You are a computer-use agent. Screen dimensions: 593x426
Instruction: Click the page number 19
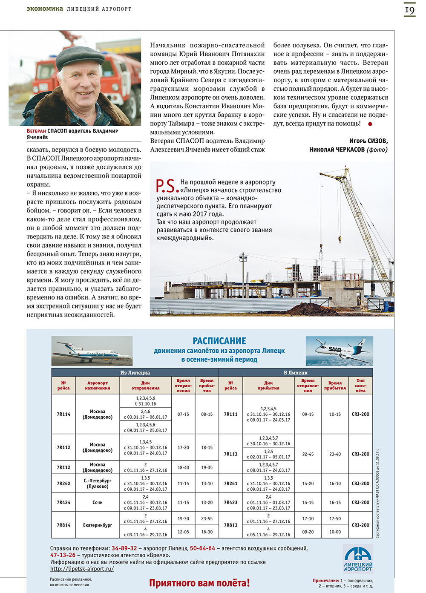click(409, 10)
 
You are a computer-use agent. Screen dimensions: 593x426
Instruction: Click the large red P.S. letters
click(165, 186)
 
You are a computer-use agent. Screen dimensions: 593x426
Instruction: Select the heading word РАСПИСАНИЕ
click(219, 341)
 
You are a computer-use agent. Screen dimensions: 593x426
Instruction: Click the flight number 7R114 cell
click(63, 414)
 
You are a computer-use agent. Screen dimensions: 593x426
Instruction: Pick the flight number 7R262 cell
click(63, 484)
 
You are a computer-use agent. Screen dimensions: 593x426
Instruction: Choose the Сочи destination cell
click(98, 502)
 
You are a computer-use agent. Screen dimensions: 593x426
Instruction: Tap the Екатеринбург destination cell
click(98, 525)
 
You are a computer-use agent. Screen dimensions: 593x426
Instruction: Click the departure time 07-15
click(183, 414)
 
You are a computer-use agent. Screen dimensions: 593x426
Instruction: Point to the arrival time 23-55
click(207, 518)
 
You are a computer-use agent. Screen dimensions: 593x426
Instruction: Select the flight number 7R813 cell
click(230, 525)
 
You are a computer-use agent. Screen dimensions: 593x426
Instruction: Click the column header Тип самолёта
click(360, 385)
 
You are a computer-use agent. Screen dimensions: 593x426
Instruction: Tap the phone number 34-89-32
click(124, 548)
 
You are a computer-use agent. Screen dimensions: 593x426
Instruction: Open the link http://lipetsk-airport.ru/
click(82, 569)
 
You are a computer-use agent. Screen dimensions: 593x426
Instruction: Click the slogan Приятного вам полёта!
click(199, 583)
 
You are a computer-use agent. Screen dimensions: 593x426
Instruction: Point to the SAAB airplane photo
click(339, 351)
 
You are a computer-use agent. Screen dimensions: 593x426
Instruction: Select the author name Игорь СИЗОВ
click(368, 141)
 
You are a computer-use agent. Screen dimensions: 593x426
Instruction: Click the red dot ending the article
click(370, 124)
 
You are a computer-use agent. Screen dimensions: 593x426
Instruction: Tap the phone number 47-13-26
click(63, 555)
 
